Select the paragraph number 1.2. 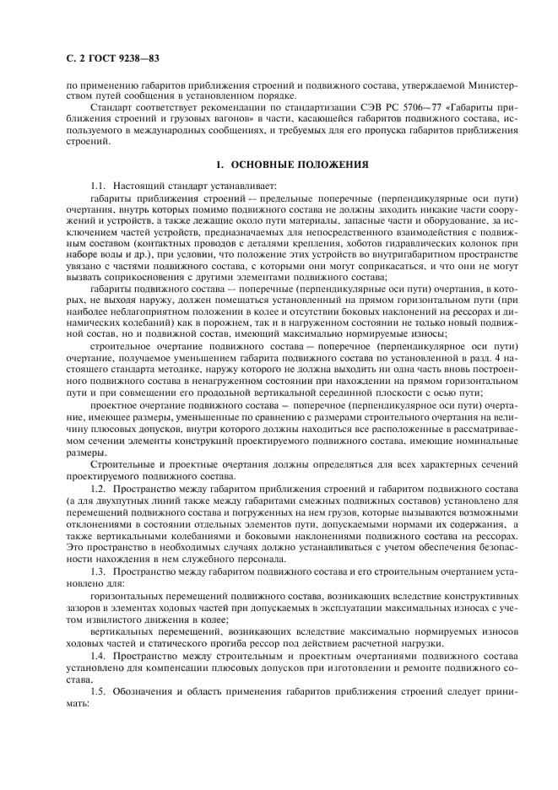(100, 488)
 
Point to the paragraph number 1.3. (100, 572)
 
